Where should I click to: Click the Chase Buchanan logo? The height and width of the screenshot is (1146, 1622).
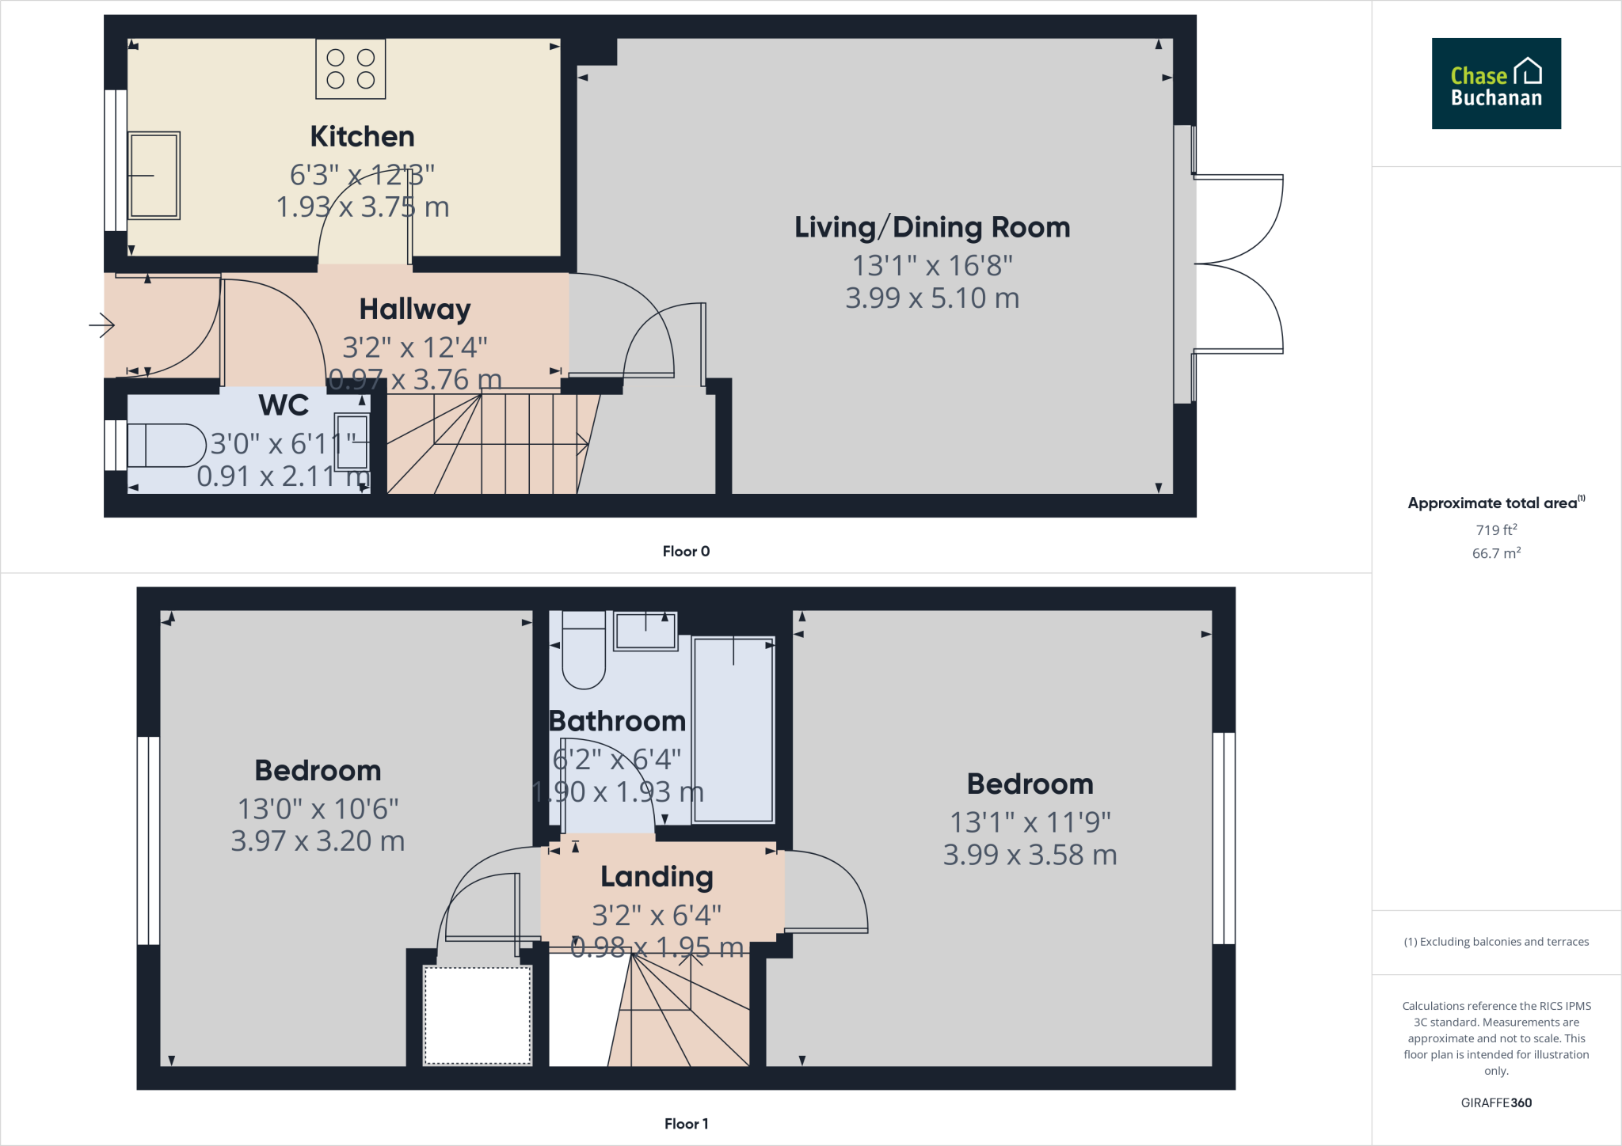pyautogui.click(x=1495, y=84)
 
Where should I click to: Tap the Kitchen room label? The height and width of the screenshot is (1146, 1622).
pyautogui.click(x=362, y=137)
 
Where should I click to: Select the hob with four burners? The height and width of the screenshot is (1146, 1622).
pyautogui.click(x=350, y=69)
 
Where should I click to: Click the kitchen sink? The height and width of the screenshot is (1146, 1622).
pyautogui.click(x=154, y=176)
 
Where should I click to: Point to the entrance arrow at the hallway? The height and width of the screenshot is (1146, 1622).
pyautogui.click(x=101, y=324)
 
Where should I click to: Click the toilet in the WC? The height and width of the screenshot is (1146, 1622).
pyautogui.click(x=166, y=446)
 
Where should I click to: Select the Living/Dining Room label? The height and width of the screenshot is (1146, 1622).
pyautogui.click(x=932, y=228)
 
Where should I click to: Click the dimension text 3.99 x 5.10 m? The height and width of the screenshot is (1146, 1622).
pyautogui.click(x=932, y=298)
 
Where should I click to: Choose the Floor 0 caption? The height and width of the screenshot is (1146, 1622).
pyautogui.click(x=686, y=552)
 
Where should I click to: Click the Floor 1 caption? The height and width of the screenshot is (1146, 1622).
pyautogui.click(x=686, y=1124)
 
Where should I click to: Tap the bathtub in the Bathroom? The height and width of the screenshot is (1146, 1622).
pyautogui.click(x=733, y=730)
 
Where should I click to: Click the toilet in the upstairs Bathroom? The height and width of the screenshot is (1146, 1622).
pyautogui.click(x=584, y=651)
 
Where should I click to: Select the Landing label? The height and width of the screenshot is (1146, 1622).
pyautogui.click(x=657, y=877)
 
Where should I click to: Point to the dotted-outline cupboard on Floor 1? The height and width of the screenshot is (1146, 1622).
pyautogui.click(x=478, y=1015)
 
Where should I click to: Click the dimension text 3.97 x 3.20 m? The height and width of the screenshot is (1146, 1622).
pyautogui.click(x=318, y=841)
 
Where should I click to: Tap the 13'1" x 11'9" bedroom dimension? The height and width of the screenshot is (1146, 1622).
pyautogui.click(x=1030, y=823)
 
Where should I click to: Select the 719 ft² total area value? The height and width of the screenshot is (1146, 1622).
pyautogui.click(x=1495, y=530)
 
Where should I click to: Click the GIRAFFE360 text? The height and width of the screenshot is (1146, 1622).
pyautogui.click(x=1495, y=1102)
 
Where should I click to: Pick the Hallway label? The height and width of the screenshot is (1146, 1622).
pyautogui.click(x=415, y=309)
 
